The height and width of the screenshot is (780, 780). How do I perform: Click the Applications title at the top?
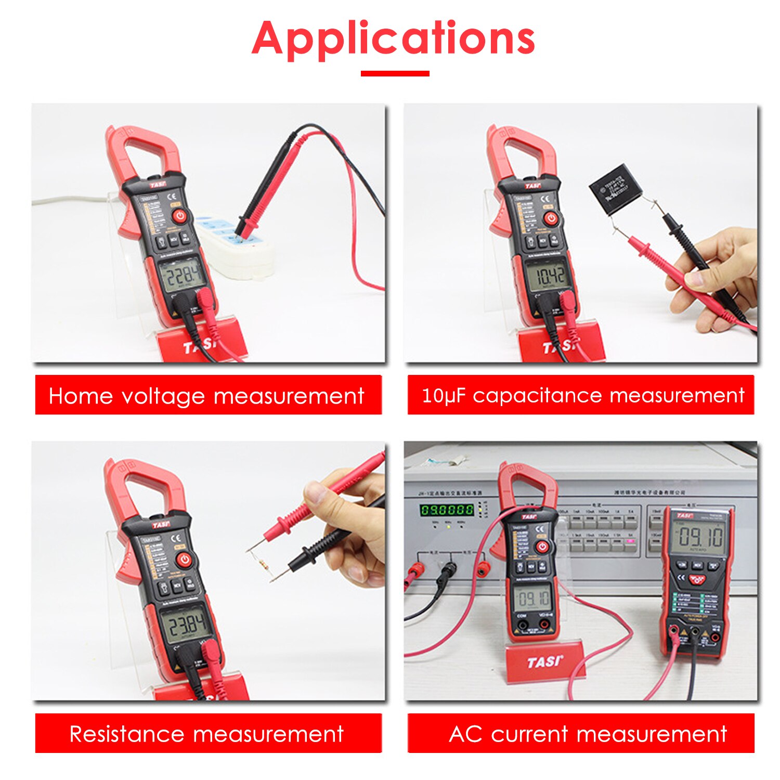coord(393,39)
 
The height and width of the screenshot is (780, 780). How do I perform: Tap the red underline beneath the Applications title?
coord(395,74)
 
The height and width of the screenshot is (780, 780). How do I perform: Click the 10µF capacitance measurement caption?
coord(581,395)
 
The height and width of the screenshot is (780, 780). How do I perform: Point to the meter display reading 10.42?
coord(549,276)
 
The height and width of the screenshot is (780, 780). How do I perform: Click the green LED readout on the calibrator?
coord(447,510)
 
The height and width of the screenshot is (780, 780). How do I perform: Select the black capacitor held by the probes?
coord(616,188)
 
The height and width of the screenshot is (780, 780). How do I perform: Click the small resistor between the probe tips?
coord(260,563)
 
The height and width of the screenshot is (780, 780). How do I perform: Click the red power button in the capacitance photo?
coord(551,218)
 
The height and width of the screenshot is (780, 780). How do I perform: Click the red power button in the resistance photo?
coord(185,560)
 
